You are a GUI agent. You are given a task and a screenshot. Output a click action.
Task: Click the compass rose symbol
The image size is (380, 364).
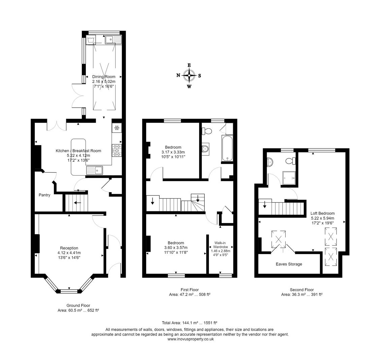pos(189,75)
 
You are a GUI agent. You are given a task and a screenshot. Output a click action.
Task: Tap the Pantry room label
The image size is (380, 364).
pos(44,195)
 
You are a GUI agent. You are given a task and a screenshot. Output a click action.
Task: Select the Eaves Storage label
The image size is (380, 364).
pos(289,264)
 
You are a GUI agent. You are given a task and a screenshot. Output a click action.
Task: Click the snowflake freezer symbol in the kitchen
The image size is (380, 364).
pos(117,128)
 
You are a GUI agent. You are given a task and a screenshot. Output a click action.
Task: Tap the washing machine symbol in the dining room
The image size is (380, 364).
pos(91,40)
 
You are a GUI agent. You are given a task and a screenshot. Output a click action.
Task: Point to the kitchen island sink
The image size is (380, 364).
pos(95,171)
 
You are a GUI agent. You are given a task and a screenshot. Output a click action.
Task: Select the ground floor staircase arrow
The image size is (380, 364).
pos(77,203)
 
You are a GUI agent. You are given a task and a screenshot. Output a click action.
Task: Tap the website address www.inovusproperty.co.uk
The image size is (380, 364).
pos(190,339)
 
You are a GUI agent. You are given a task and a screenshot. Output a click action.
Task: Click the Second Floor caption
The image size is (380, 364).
pos(302,290)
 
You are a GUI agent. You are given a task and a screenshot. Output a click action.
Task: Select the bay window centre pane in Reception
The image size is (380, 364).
pos(69,291)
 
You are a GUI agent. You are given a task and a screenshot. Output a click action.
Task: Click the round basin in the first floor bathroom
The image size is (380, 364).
pos(205,149)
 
